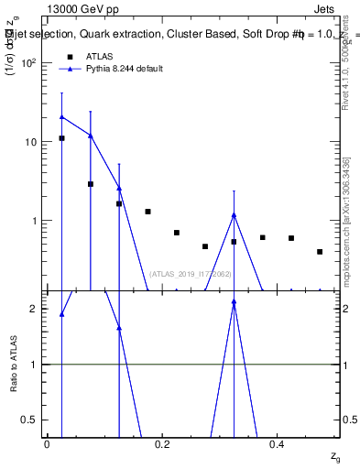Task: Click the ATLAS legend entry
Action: [99, 56]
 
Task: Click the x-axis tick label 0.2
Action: [162, 443]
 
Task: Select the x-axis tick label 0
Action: [47, 443]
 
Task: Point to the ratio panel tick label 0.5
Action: [29, 420]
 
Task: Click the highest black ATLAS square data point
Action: [61, 138]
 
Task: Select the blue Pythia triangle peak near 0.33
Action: [234, 215]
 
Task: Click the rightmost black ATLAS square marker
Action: [320, 252]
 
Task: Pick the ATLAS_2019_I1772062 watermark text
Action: [191, 274]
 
